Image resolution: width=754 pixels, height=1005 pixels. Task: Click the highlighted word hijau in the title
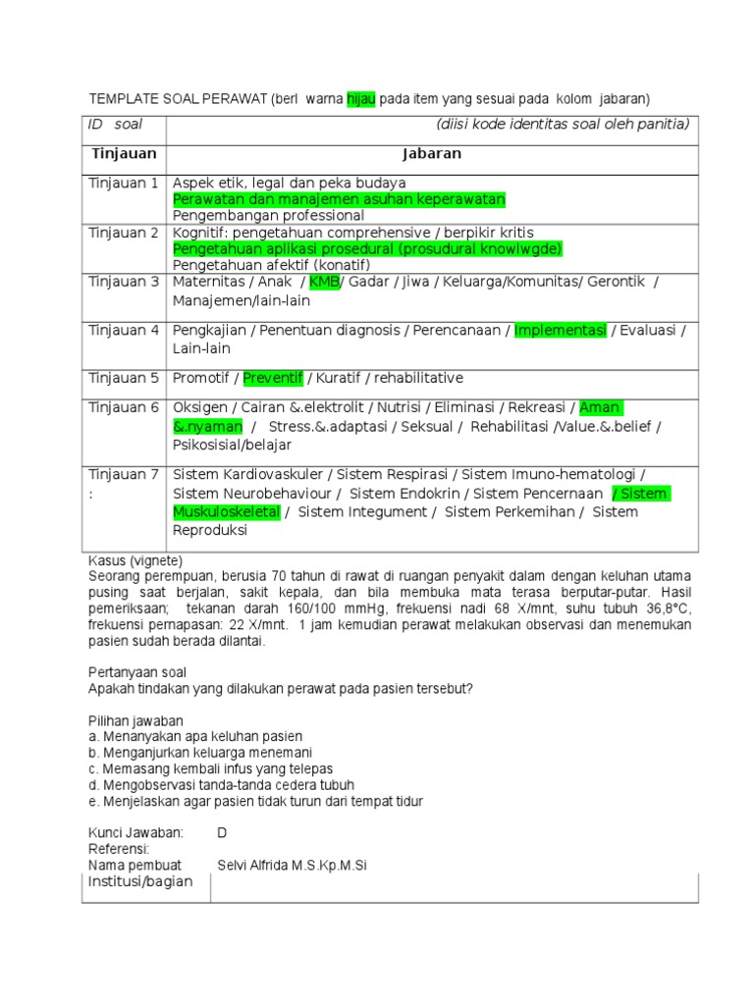tap(361, 99)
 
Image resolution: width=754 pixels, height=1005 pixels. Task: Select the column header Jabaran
tap(431, 154)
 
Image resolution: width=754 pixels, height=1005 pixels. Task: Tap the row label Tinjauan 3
tap(124, 282)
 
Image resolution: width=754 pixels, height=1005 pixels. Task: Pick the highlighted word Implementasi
tap(561, 331)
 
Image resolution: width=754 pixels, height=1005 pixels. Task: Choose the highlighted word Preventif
tap(274, 378)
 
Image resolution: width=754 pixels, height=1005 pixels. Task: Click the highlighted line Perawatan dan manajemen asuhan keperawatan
tap(339, 199)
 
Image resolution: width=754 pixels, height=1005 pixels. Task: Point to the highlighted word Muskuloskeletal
tap(227, 512)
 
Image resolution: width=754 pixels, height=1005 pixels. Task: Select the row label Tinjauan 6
tap(124, 407)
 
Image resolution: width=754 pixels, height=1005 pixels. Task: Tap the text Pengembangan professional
tap(268, 215)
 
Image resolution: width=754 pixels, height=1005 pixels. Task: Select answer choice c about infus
tap(210, 768)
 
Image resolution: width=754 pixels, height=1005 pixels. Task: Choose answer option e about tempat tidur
tap(255, 801)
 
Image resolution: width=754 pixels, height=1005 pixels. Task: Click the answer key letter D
tap(222, 832)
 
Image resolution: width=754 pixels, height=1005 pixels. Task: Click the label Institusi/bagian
tap(140, 881)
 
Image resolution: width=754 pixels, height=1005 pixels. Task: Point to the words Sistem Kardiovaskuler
tap(244, 474)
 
